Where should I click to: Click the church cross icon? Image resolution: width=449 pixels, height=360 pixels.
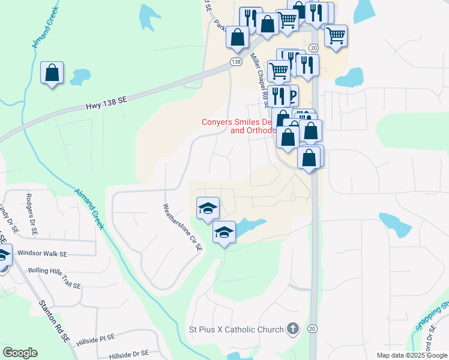[x=292, y=329]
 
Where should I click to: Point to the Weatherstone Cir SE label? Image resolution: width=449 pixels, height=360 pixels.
[x=181, y=227]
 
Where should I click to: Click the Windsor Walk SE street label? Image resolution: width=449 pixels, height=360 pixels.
[x=42, y=254]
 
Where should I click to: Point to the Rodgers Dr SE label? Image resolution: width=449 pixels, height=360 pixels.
[x=30, y=213]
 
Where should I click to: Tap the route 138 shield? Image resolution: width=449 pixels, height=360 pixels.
[x=236, y=62]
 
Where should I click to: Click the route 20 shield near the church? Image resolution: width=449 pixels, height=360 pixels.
[x=312, y=329]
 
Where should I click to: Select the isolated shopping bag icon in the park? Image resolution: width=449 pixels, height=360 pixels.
[x=52, y=73]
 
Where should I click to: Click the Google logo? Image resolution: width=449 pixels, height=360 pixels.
[x=20, y=352]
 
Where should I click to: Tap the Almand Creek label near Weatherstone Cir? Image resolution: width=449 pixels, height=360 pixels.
[x=89, y=208]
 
